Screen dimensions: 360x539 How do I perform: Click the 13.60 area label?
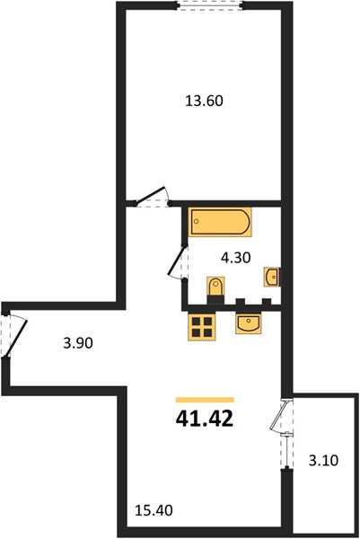click(204, 101)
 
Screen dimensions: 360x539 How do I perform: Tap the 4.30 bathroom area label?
click(235, 258)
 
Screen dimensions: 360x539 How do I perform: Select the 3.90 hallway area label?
click(78, 343)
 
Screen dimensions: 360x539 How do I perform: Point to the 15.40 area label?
click(154, 510)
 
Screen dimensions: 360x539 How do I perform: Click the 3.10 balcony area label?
click(323, 460)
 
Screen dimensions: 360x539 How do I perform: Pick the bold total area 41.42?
click(205, 419)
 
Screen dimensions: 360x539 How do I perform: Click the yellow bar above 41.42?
click(205, 400)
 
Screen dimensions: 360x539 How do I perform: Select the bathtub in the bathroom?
click(220, 222)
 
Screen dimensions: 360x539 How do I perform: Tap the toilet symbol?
click(215, 288)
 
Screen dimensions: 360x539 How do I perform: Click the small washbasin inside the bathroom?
click(272, 277)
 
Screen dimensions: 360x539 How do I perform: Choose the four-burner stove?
click(202, 327)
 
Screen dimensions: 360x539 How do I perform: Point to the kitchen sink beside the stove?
click(249, 323)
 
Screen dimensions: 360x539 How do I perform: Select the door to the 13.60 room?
click(151, 197)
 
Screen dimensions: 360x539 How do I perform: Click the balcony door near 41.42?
click(281, 416)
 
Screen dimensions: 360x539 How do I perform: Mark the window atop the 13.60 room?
click(210, 5)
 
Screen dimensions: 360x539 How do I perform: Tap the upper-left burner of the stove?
click(196, 322)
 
